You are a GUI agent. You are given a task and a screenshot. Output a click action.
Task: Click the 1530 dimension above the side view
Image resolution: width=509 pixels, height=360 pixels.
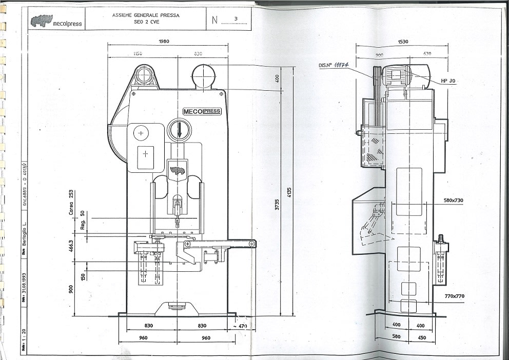coord(402,41)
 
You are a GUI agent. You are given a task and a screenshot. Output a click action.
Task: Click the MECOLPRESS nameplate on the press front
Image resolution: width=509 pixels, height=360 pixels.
coord(202,111)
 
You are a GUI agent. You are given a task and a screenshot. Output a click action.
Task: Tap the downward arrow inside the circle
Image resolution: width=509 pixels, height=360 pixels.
coord(180,130)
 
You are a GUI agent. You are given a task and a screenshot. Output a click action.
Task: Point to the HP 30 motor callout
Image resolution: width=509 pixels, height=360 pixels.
coord(448,81)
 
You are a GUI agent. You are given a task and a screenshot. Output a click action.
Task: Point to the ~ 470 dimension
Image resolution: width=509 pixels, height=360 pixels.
coord(240,326)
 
